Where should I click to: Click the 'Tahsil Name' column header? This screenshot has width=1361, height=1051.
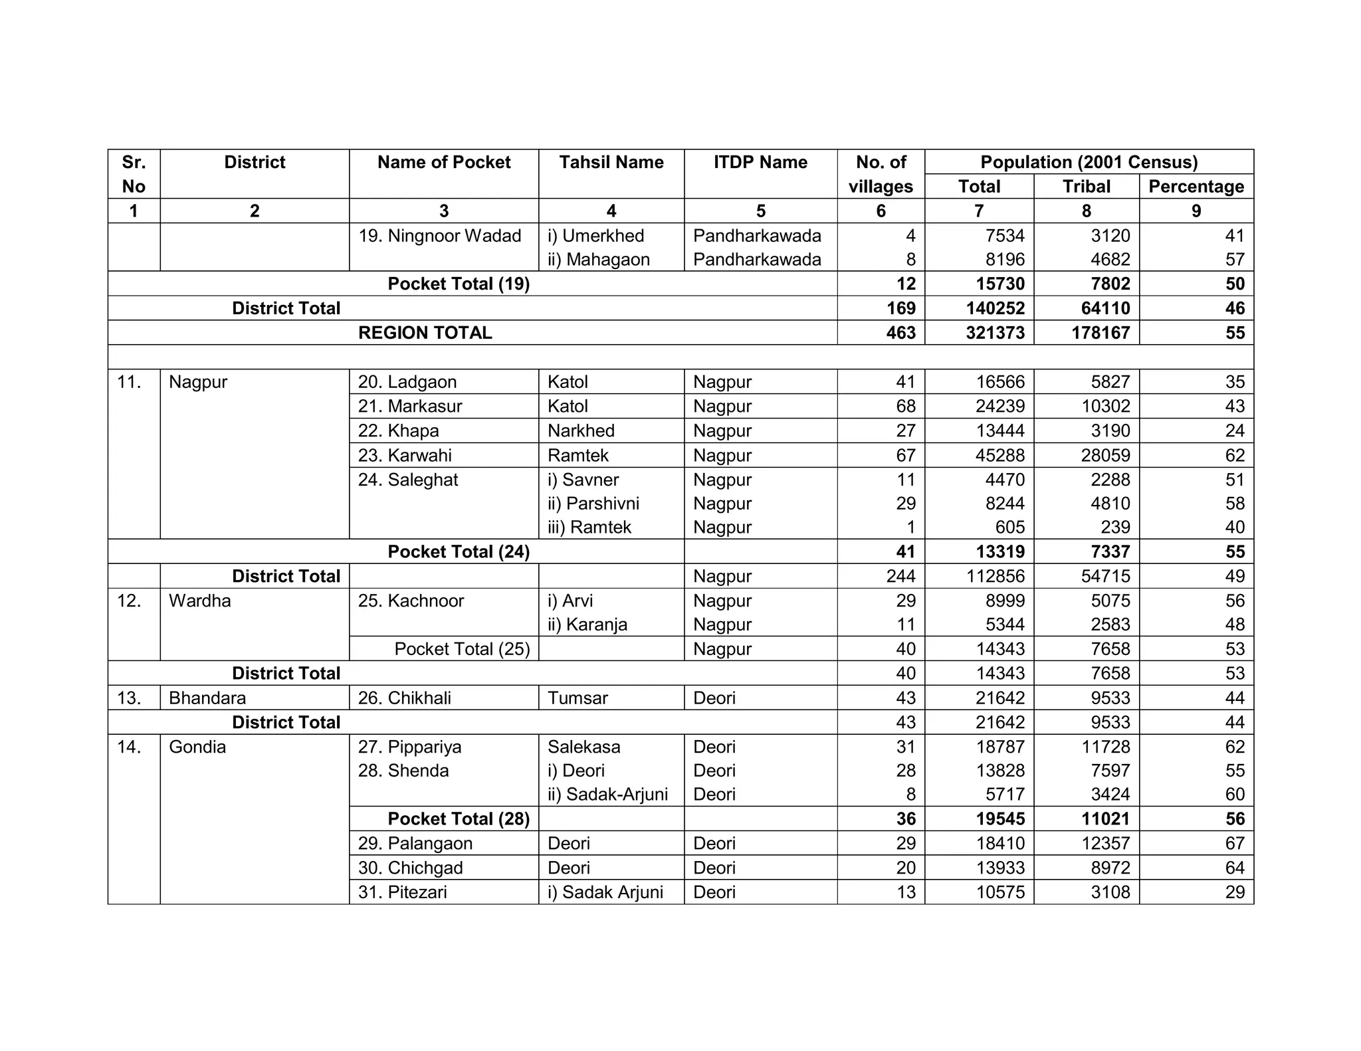pos(611,162)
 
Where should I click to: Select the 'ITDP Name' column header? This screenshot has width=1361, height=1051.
pos(760,162)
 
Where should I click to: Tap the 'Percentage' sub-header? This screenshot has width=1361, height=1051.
pos(1196,186)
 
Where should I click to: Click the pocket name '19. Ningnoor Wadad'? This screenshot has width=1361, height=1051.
pos(439,236)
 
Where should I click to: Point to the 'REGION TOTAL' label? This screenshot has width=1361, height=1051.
pos(425,333)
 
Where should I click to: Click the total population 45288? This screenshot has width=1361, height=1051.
pos(1000,455)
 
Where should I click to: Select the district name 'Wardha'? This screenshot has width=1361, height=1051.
pos(199,601)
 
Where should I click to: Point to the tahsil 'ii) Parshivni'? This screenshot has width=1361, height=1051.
pos(593,504)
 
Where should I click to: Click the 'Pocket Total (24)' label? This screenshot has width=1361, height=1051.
pos(459,551)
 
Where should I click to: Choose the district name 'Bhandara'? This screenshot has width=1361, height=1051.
pos(207,698)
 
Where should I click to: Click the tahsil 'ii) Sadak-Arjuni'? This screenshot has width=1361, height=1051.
pos(607,795)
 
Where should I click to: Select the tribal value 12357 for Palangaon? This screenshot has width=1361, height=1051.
pos(1106,844)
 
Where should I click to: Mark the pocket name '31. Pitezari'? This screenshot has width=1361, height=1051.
pos(402,892)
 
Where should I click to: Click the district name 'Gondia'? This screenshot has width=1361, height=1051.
pos(197,747)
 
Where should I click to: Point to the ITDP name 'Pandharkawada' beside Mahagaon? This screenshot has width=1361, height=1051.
pos(757,260)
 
